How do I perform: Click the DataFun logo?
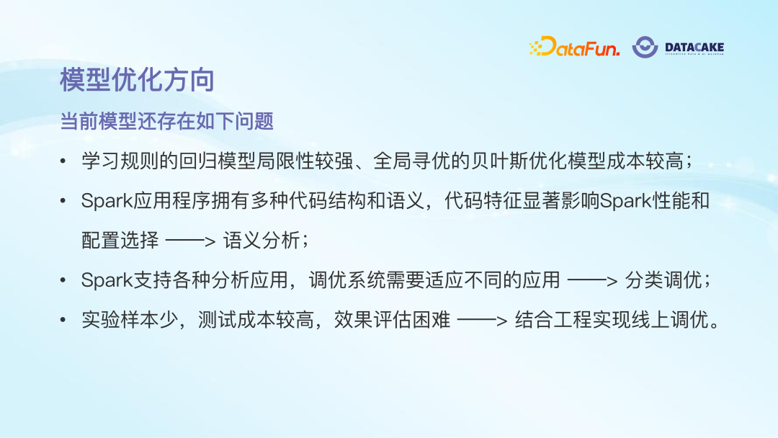coord(574,48)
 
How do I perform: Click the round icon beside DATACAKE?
coord(645,48)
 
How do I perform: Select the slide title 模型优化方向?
coord(137,80)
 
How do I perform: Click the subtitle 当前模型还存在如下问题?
coord(166,121)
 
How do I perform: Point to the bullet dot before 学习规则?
coord(64,161)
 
